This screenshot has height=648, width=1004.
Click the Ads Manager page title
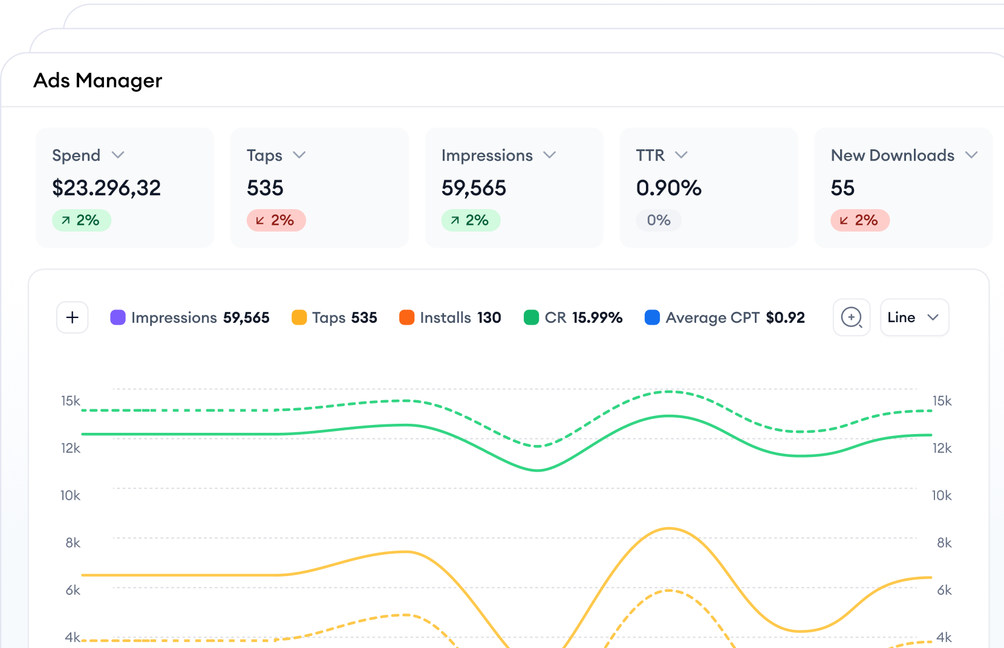[x=97, y=80]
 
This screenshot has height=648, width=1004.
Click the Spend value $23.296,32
[x=106, y=188]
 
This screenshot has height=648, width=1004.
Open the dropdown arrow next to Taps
[x=299, y=155]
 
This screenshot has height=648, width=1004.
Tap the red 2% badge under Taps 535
[x=276, y=221]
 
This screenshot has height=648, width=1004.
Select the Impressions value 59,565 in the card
[x=474, y=188]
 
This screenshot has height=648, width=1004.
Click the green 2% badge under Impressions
[x=471, y=221]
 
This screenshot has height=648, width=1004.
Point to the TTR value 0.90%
[x=668, y=188]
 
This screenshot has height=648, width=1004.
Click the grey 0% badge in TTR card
[x=659, y=221]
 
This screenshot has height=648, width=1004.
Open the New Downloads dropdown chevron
[x=971, y=155]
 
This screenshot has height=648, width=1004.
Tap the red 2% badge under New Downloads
[x=859, y=221]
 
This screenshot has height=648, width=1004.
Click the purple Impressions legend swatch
[x=118, y=317]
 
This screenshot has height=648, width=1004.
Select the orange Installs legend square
[x=406, y=317]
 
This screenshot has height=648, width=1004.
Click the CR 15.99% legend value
[x=597, y=317]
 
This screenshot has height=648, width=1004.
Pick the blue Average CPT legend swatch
[x=652, y=317]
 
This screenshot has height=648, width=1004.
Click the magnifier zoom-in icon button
[x=852, y=317]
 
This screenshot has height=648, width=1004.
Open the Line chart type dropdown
[x=914, y=317]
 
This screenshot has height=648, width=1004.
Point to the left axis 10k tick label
[x=70, y=496]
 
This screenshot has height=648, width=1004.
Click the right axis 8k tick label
[x=944, y=543]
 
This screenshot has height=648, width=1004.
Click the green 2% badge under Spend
[x=81, y=221]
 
